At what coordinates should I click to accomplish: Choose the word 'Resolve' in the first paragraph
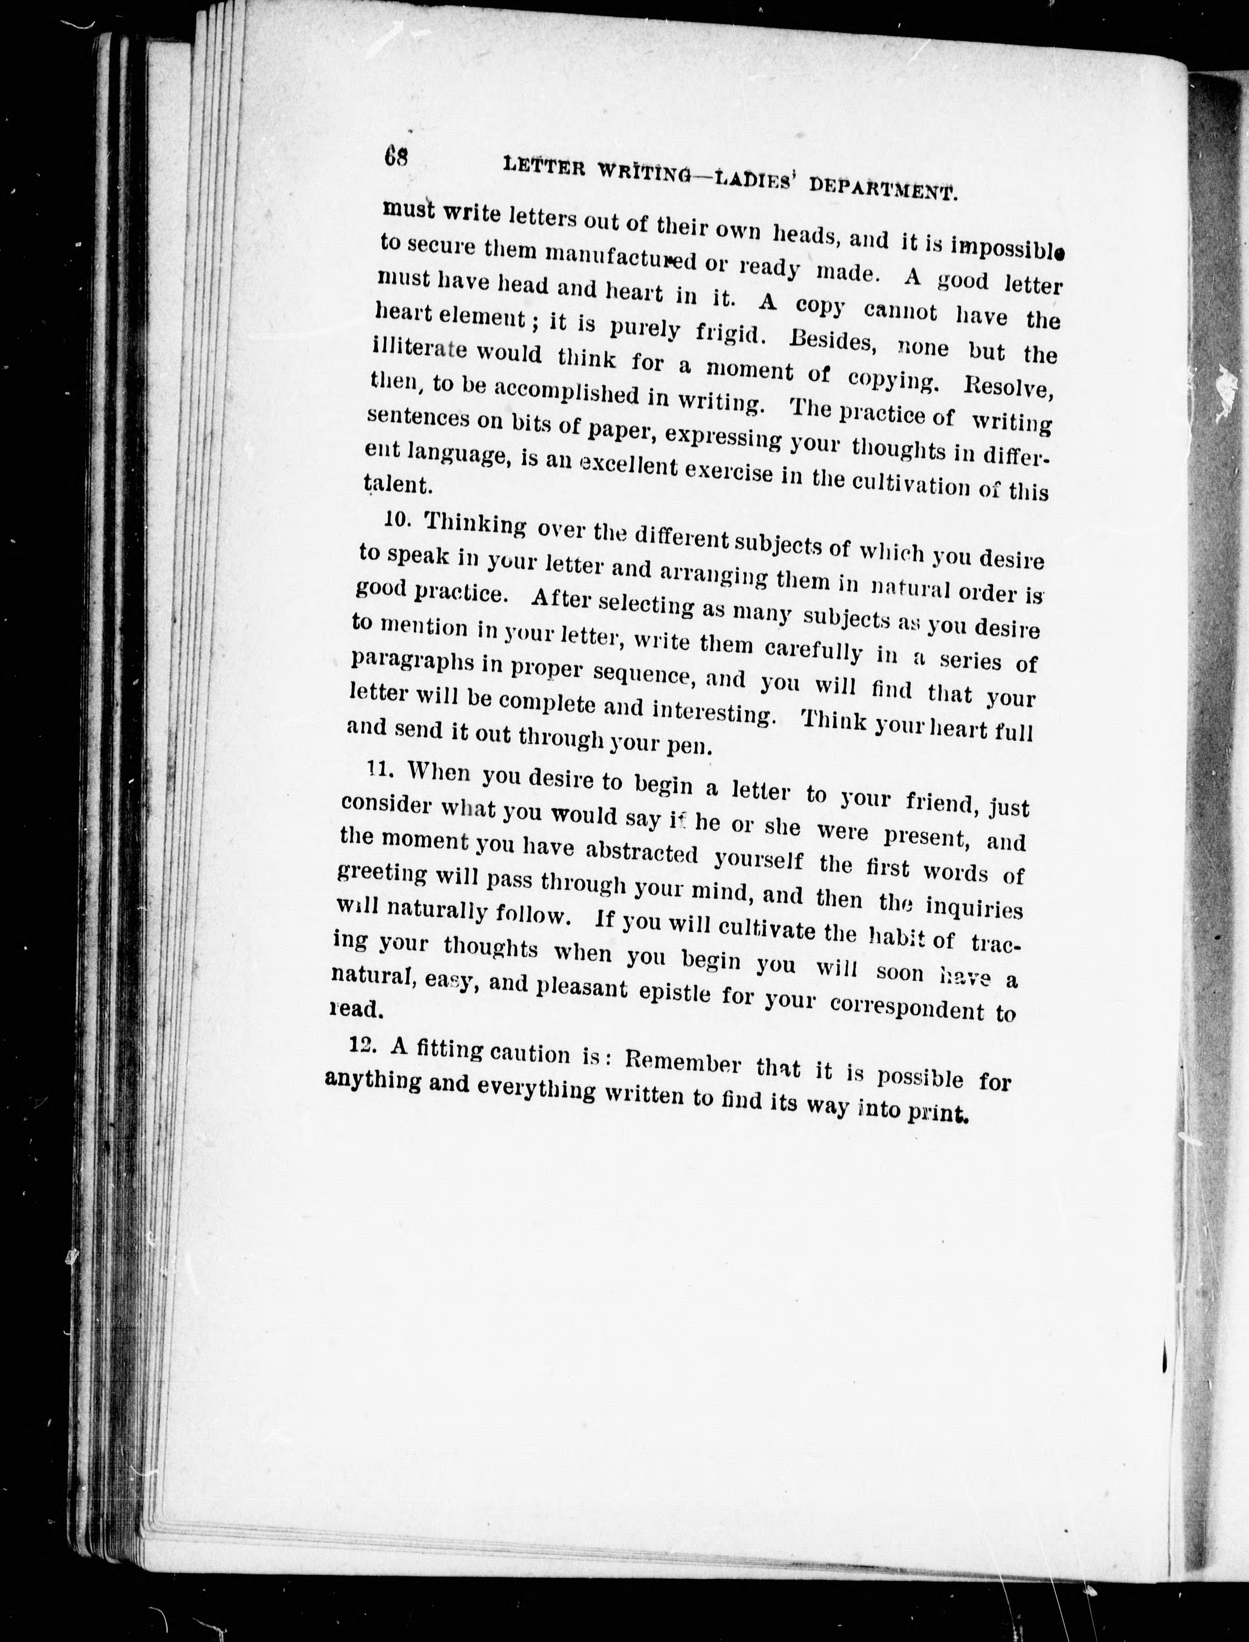[1008, 388]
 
